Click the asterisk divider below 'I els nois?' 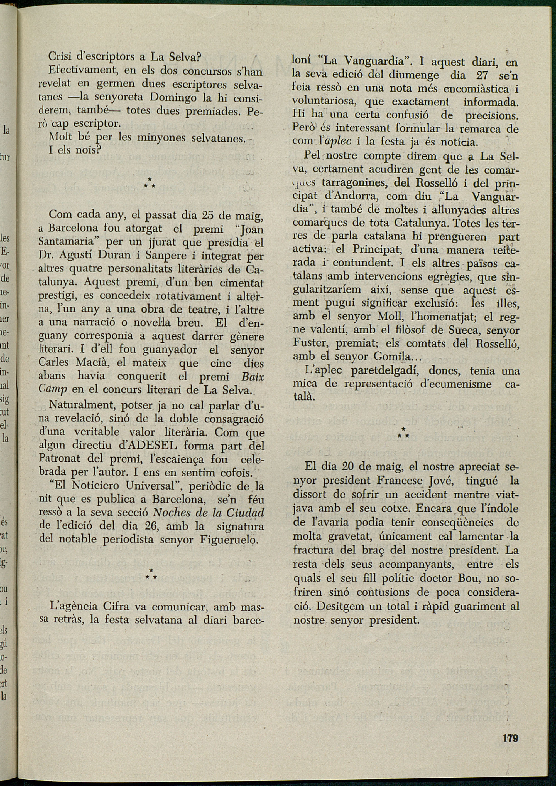pyautogui.click(x=150, y=183)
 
